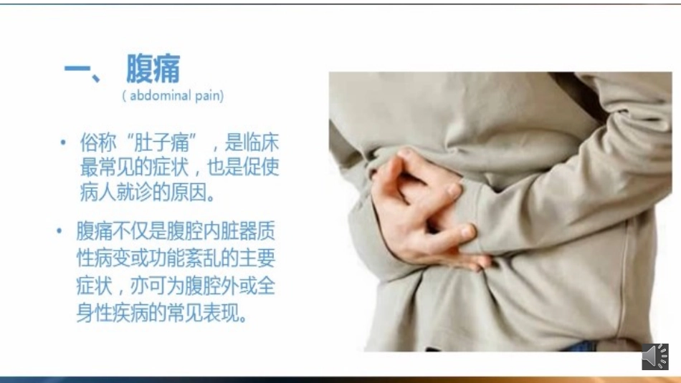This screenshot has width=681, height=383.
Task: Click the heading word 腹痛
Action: [x=153, y=69]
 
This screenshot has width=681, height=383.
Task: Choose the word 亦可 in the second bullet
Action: [x=156, y=286]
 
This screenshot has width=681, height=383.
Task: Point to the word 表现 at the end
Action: [x=228, y=314]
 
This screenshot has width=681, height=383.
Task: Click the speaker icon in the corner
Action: [x=655, y=356]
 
